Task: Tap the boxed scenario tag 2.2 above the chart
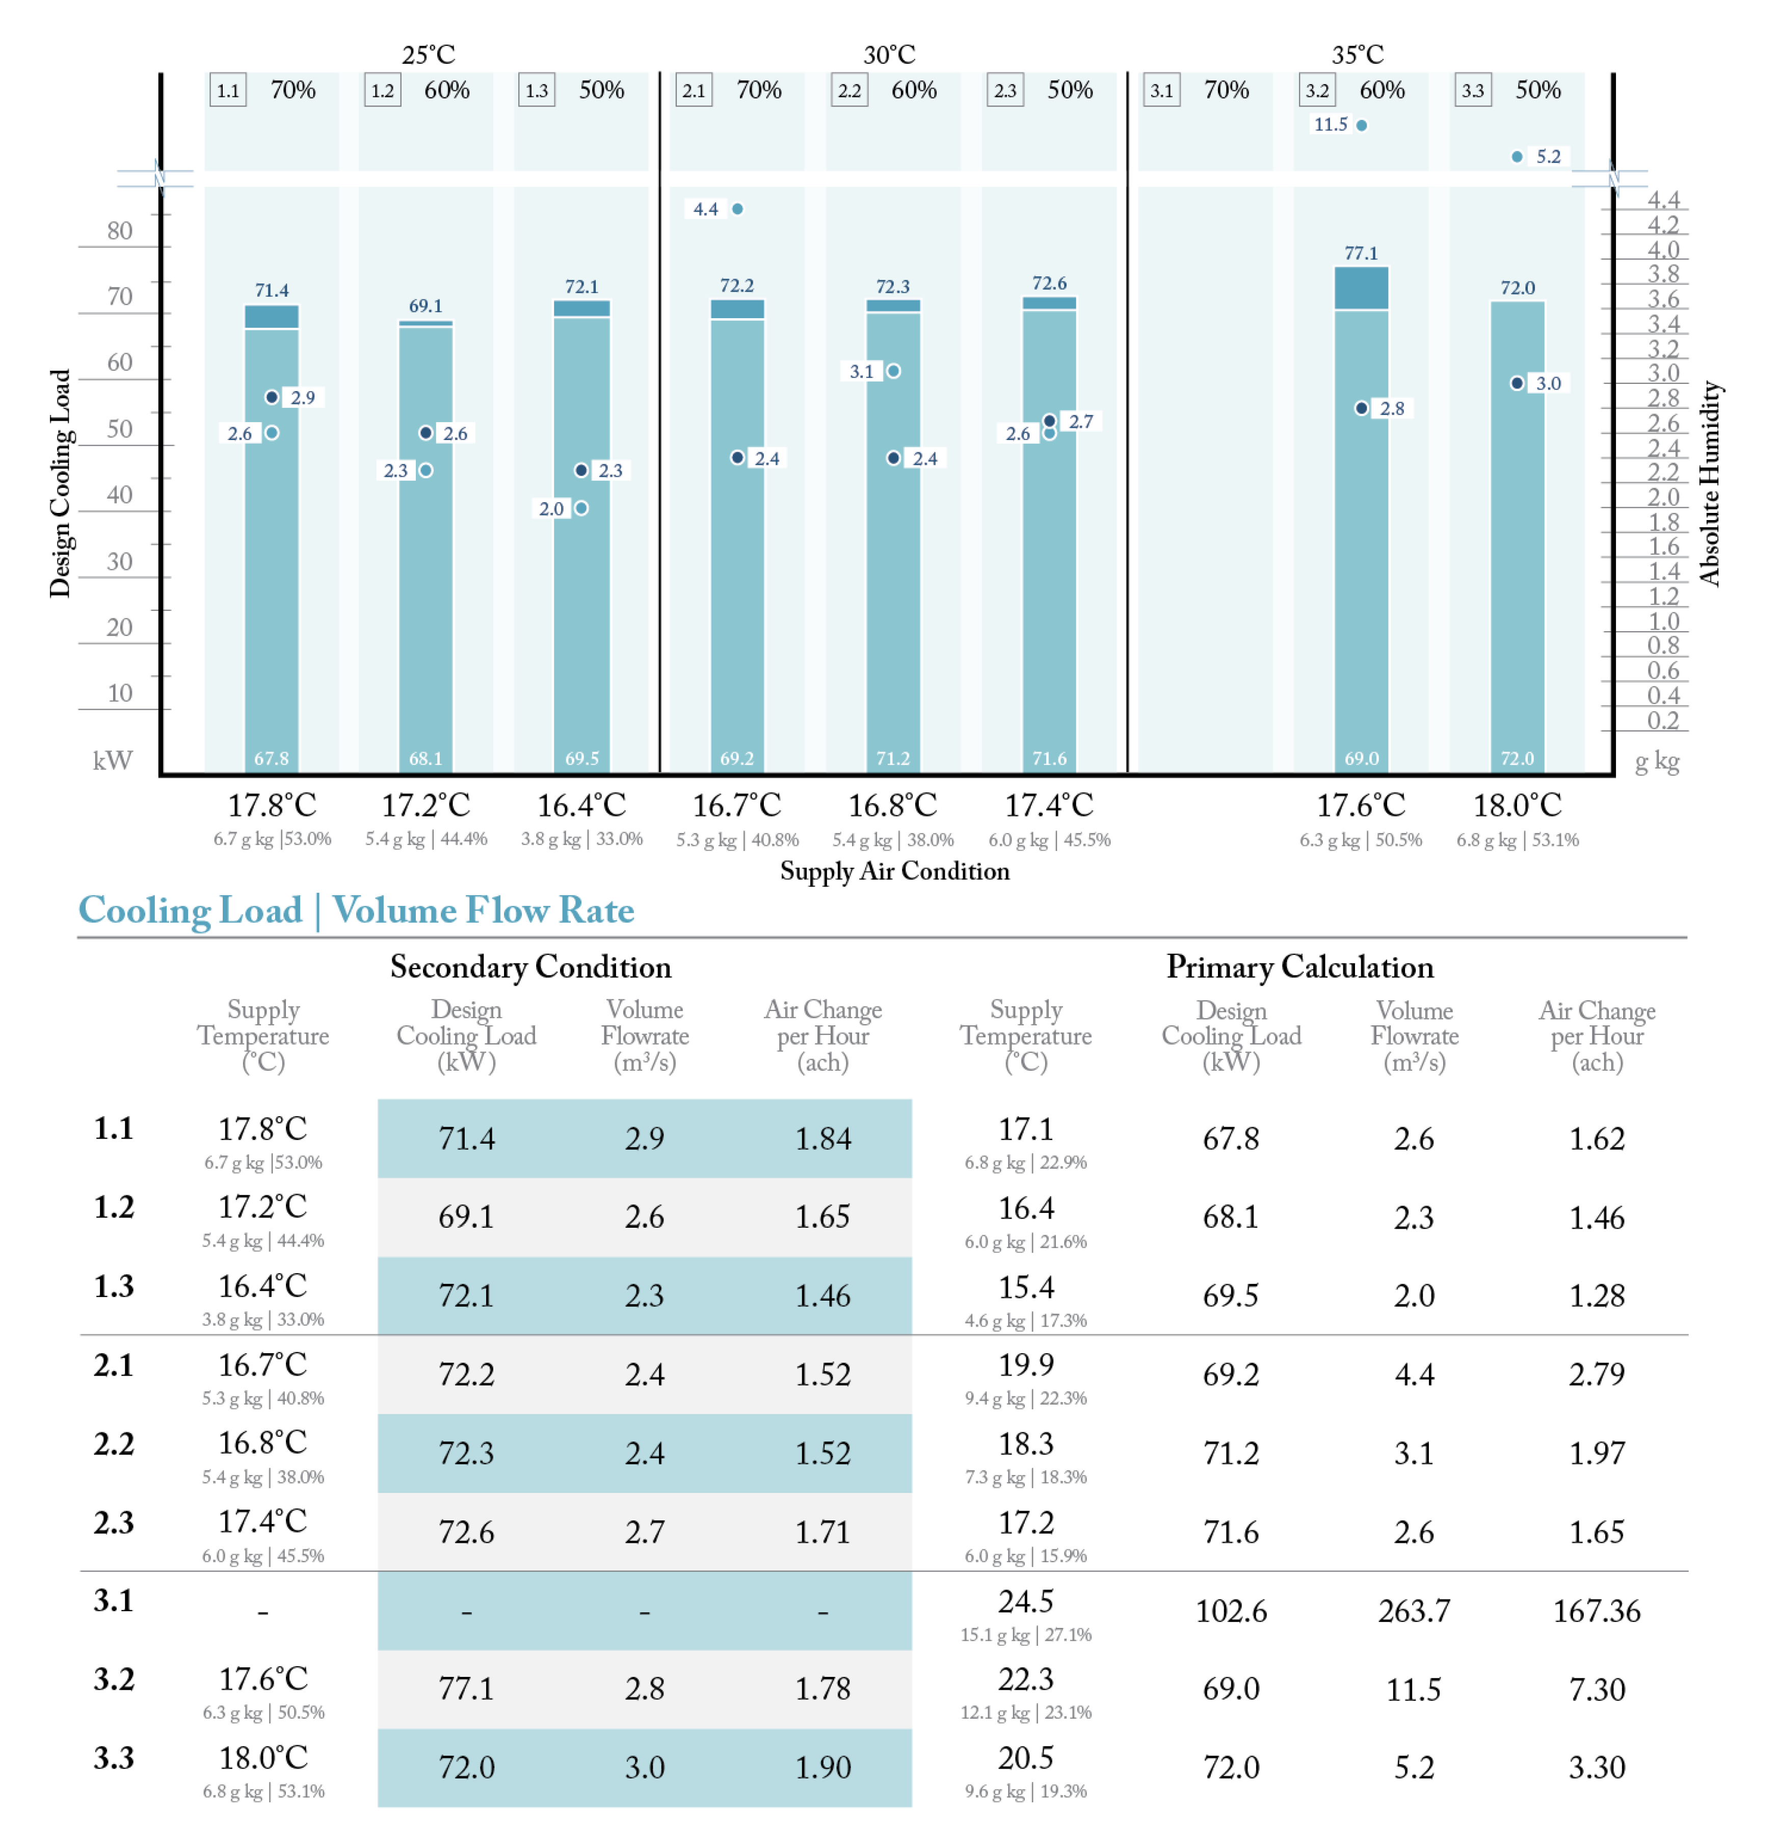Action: point(848,91)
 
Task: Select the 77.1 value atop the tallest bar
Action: point(1361,253)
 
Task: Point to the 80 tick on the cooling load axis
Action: point(120,230)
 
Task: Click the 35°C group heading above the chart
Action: point(1358,55)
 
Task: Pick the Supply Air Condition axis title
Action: point(894,871)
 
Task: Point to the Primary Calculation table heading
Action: point(1299,967)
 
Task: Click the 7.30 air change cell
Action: point(1597,1689)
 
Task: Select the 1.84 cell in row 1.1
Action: point(823,1138)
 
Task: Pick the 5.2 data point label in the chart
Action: point(1548,157)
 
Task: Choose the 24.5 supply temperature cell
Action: point(1025,1601)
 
